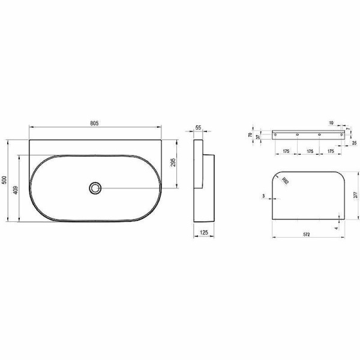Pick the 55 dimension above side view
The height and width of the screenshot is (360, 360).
[x=198, y=128]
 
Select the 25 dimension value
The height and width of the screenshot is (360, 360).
[x=354, y=143]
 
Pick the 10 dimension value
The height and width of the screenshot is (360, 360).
[x=331, y=123]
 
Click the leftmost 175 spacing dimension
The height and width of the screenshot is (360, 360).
[x=287, y=152]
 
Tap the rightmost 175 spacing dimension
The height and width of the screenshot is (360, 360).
[x=331, y=152]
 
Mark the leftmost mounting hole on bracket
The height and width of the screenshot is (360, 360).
[x=276, y=135]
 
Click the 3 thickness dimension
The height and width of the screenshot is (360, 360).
[x=263, y=196]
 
